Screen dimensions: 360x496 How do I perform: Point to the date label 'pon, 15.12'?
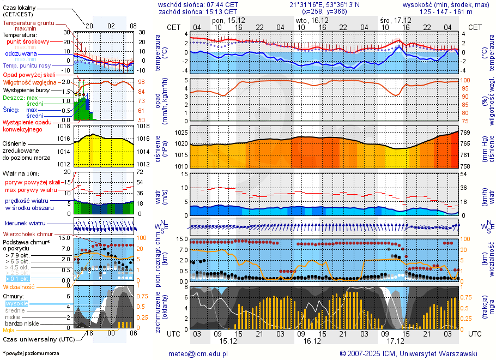point(229,20)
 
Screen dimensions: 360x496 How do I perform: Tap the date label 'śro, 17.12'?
point(395,20)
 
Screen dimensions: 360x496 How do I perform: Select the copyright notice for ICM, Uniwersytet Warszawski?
point(408,353)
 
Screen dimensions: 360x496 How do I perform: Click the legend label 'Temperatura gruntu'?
point(28,23)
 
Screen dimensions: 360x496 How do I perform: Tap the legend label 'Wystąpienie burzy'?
point(27,89)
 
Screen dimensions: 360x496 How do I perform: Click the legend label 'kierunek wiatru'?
point(25,224)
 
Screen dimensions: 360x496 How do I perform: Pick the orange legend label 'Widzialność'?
point(19,286)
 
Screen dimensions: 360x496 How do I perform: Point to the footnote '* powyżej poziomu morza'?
point(31,353)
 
